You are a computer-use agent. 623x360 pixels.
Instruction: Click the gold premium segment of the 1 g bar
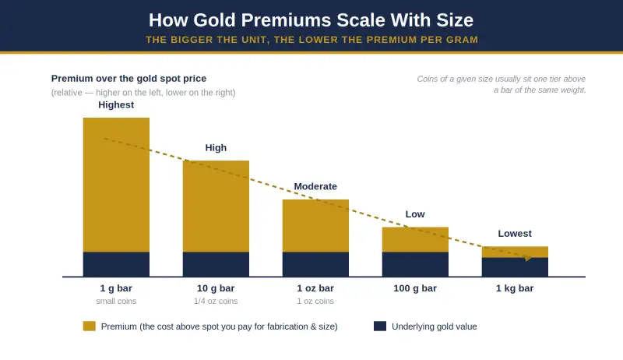pos(116,185)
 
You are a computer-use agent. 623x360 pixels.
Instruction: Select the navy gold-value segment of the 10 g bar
pos(216,264)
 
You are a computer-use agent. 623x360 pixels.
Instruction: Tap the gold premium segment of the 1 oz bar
pos(315,226)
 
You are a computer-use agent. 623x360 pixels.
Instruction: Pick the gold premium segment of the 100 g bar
pos(415,239)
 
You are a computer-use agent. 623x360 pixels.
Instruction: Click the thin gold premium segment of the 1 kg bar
pos(515,252)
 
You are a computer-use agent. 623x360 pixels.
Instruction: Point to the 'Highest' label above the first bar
pos(116,105)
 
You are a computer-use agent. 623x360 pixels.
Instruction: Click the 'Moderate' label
pos(315,186)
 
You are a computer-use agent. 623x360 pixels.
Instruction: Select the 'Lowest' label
pos(515,234)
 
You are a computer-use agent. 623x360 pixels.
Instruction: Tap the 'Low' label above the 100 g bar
pos(415,214)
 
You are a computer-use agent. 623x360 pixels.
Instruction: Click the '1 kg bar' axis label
pos(515,288)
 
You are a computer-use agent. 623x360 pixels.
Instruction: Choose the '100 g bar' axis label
pos(415,288)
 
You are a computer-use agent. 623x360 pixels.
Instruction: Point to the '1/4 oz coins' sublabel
pos(216,302)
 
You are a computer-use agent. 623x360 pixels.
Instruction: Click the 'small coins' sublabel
pos(116,302)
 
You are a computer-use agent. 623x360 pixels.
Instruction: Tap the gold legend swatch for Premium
pos(90,326)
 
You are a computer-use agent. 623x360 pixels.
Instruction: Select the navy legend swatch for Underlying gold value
pos(380,326)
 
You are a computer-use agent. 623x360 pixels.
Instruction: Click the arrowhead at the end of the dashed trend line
pos(528,258)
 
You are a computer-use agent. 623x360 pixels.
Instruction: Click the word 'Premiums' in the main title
pos(286,20)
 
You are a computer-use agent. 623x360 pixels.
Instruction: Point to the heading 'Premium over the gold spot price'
pos(128,79)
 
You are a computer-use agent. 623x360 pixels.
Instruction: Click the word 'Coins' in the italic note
pos(427,79)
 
